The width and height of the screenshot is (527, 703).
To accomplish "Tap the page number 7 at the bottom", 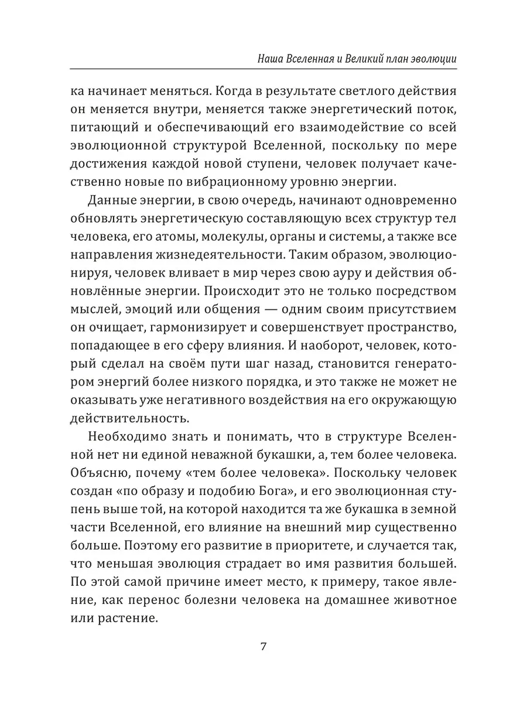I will tap(263, 647).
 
